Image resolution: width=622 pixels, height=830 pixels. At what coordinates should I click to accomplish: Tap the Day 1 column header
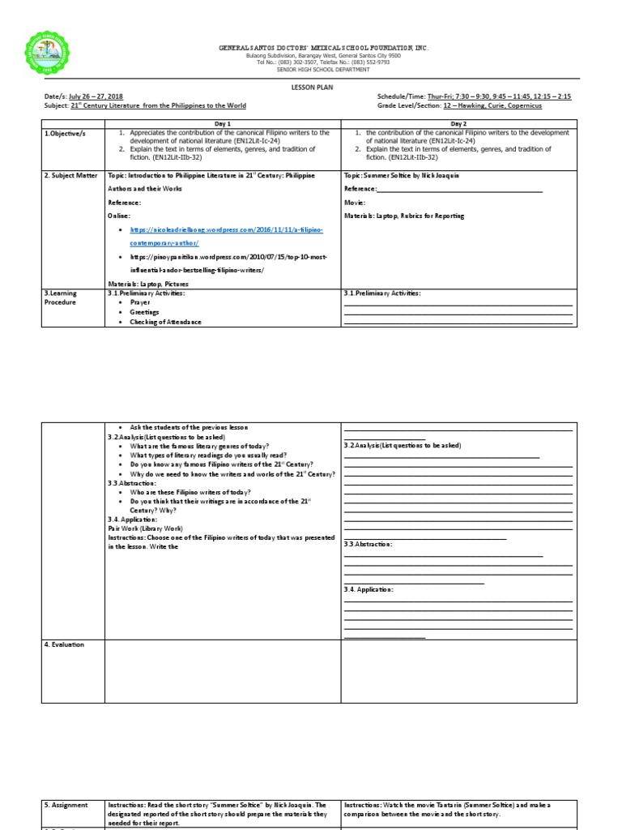click(223, 122)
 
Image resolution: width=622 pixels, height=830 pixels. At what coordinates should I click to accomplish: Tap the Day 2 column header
click(458, 122)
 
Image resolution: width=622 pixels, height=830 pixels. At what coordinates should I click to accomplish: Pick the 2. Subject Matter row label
click(70, 175)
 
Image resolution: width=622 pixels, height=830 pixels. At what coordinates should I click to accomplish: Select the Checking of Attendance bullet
click(165, 322)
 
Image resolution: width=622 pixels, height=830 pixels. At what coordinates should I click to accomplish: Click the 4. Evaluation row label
click(65, 644)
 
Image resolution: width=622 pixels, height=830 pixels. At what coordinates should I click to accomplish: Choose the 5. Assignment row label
click(67, 805)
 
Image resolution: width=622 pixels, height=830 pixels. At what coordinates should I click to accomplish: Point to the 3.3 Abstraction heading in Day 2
click(369, 544)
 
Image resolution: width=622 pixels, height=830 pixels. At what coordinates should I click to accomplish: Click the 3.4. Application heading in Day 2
click(368, 589)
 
